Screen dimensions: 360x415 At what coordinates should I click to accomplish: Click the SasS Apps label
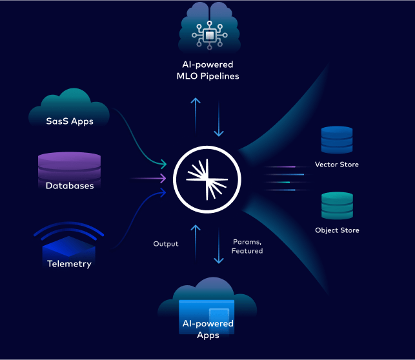click(69, 121)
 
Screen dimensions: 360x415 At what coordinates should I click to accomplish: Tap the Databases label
click(70, 186)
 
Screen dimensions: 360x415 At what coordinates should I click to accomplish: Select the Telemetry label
click(69, 263)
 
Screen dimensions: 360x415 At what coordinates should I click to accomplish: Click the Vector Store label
click(336, 165)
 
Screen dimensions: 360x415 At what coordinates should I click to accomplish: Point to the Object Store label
click(337, 230)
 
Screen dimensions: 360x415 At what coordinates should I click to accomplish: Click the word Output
click(166, 244)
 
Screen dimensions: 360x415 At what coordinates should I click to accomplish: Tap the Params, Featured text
click(247, 246)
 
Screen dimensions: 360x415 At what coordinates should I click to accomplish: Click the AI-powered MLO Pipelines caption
click(207, 70)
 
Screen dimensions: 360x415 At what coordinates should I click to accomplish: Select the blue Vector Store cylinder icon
click(337, 139)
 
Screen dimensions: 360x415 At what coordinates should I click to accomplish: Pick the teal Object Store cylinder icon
click(337, 206)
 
